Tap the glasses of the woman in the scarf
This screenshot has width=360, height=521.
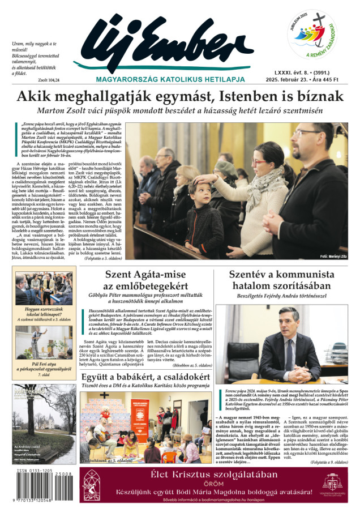coord(260,162)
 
